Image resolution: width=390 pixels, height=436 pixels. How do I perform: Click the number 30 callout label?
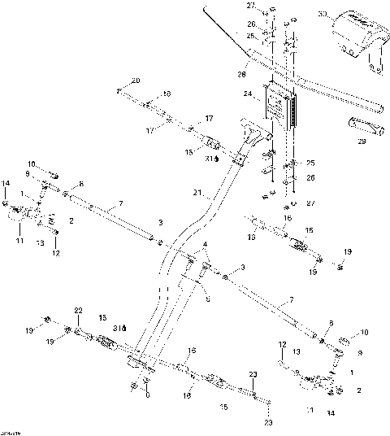tap(323, 14)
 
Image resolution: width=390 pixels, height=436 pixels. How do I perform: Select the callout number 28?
tap(241, 73)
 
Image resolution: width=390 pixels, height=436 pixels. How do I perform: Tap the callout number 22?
tap(79, 310)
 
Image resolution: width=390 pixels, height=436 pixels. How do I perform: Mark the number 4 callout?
tap(206, 245)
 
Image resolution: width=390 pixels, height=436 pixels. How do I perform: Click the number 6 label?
tap(147, 396)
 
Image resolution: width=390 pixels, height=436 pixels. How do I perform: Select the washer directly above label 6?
tap(146, 381)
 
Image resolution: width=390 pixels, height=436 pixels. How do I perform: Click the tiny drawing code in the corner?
tap(9, 431)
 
